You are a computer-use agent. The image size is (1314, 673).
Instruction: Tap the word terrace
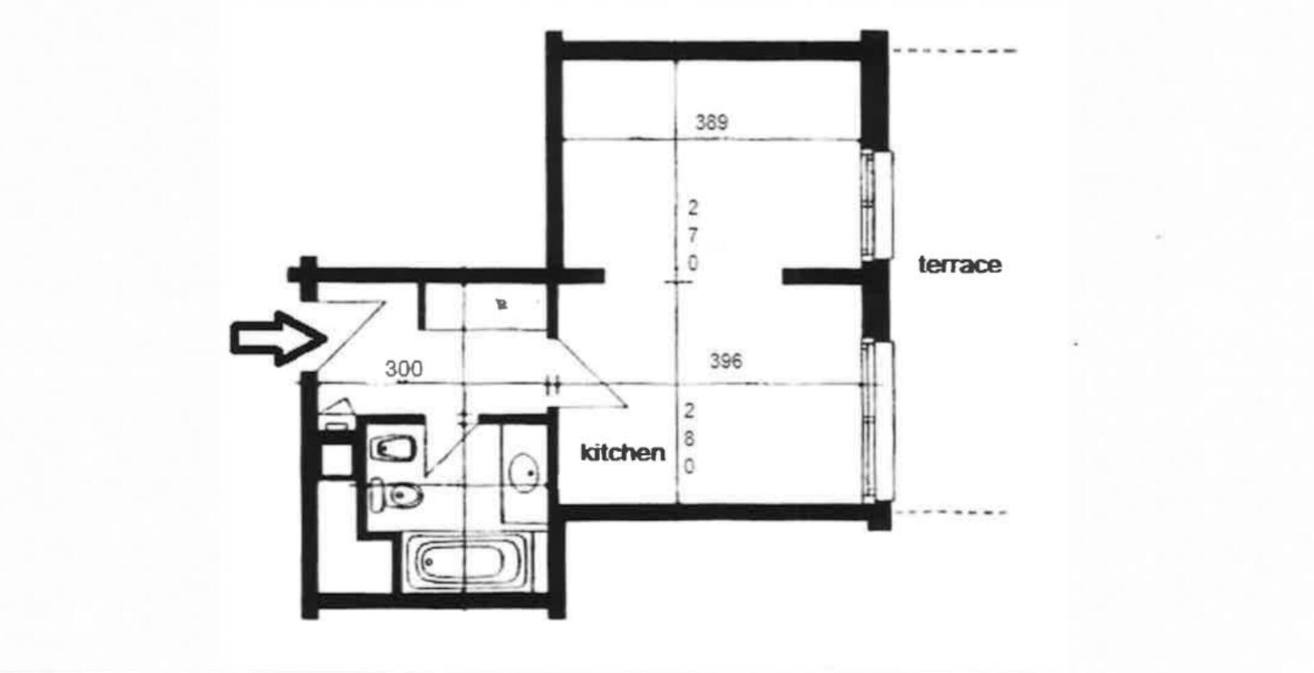(x=959, y=265)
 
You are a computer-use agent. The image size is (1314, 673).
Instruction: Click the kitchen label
(x=623, y=452)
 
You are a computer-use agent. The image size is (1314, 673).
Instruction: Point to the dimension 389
(x=712, y=122)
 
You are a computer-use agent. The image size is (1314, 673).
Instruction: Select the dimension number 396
(x=725, y=360)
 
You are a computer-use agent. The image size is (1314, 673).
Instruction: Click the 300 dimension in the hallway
(x=404, y=369)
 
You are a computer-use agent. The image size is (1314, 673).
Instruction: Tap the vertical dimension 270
(x=693, y=235)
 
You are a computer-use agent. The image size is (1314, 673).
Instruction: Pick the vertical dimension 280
(x=689, y=438)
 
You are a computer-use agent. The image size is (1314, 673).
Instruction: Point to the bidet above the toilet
(x=393, y=449)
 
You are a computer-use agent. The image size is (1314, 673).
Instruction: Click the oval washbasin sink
(x=525, y=472)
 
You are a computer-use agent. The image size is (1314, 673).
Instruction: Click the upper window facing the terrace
(x=877, y=205)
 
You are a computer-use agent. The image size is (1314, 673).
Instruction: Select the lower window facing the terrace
(x=878, y=421)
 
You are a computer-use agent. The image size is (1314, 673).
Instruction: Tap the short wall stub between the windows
(x=821, y=276)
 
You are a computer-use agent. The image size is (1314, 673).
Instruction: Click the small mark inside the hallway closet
(x=502, y=304)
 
